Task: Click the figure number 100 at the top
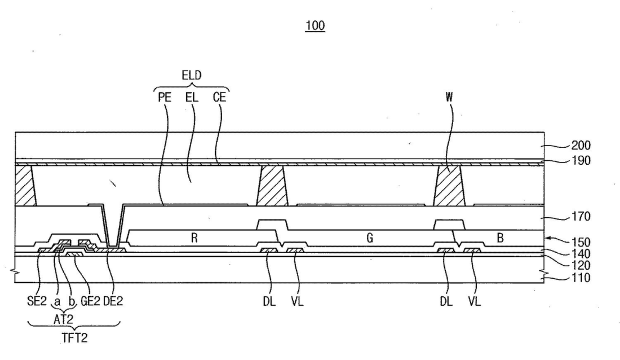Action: (x=315, y=26)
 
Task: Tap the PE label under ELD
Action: (x=165, y=97)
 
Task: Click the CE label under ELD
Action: (x=219, y=97)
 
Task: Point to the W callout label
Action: (x=449, y=97)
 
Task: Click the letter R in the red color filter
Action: (x=195, y=238)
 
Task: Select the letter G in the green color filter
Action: (x=370, y=238)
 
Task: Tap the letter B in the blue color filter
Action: (x=500, y=238)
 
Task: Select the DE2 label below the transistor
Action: (x=112, y=302)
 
